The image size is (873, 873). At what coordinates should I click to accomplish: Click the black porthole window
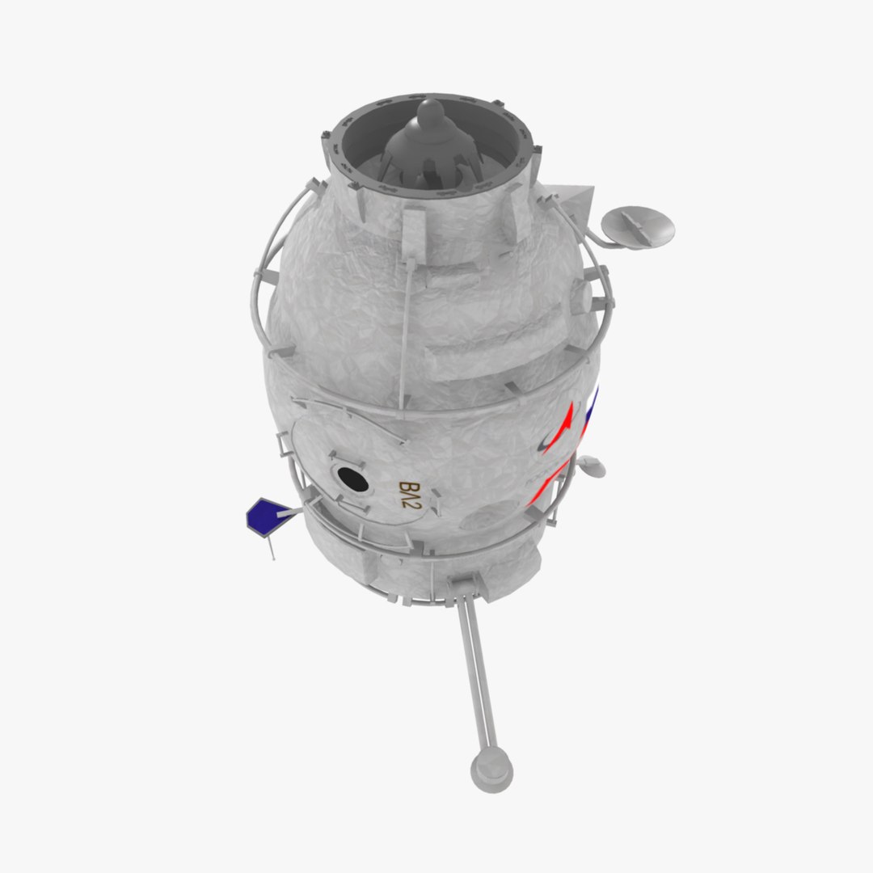coord(353,480)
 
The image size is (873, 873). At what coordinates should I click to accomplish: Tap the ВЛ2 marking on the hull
coord(411,496)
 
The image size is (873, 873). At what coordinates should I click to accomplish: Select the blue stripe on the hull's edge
coord(591,412)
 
